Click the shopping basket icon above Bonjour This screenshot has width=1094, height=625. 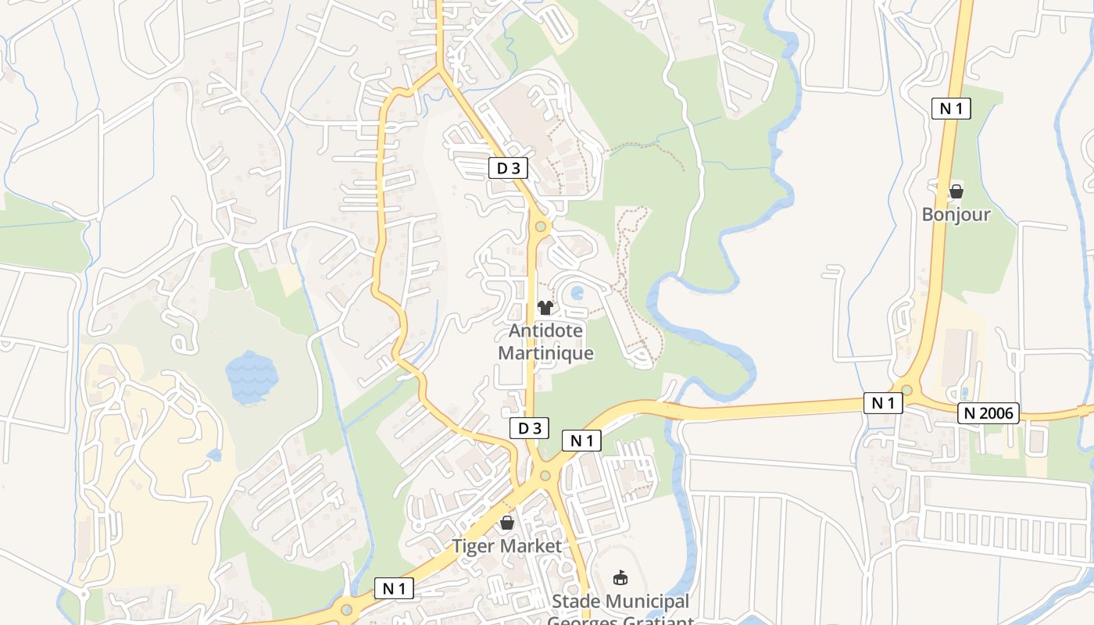click(x=956, y=191)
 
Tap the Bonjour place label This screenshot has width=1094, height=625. click(x=956, y=214)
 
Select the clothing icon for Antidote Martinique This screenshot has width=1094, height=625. click(x=545, y=308)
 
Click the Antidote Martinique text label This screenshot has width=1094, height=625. click(x=545, y=342)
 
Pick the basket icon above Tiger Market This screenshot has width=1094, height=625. click(x=507, y=523)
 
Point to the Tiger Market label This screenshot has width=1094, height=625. click(x=507, y=545)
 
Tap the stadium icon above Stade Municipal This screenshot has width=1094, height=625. click(x=620, y=578)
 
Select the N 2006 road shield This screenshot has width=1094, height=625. click(x=989, y=414)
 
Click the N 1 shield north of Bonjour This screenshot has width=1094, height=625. click(x=951, y=109)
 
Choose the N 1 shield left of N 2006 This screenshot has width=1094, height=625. click(x=883, y=403)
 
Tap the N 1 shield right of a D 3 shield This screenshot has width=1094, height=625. click(x=581, y=441)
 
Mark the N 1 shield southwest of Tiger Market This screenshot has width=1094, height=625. click(x=394, y=589)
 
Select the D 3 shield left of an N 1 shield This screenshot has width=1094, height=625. click(x=529, y=428)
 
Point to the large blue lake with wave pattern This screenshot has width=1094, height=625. click(x=252, y=377)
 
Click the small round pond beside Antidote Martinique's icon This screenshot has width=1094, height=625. click(x=577, y=294)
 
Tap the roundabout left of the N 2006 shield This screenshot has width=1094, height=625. click(x=906, y=390)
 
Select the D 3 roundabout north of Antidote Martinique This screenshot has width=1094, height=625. click(x=540, y=227)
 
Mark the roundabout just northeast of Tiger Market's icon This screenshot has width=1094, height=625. click(x=545, y=475)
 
